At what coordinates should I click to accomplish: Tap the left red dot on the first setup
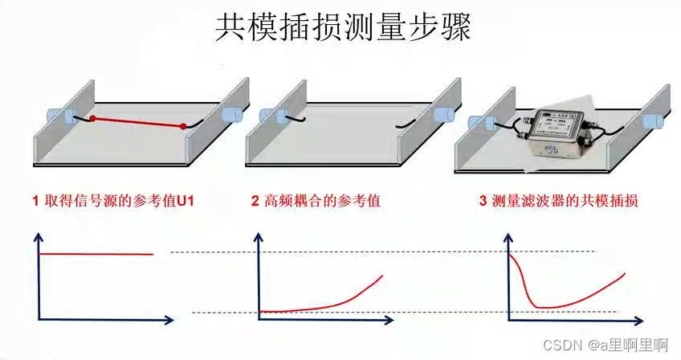92,119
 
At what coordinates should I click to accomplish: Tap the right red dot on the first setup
184,126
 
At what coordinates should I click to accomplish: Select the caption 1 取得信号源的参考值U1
112,202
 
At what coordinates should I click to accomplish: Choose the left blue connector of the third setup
482,123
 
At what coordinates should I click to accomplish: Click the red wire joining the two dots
138,122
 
